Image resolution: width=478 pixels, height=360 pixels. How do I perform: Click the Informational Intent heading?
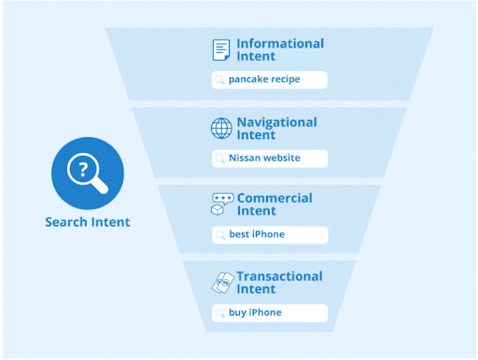[x=280, y=49]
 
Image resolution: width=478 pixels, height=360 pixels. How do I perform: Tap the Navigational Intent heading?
[x=276, y=128]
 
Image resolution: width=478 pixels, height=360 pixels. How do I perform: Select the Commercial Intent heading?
[x=274, y=204]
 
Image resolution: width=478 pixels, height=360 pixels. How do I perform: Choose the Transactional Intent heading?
[x=279, y=283]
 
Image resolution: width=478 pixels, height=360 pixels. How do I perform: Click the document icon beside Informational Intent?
[x=221, y=49]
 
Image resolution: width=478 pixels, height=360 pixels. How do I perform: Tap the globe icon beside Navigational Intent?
[x=221, y=128]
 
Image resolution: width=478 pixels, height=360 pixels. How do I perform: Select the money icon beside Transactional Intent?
[x=222, y=283]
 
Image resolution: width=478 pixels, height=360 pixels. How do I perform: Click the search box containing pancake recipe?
[x=269, y=80]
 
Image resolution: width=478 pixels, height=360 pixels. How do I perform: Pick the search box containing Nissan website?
[x=269, y=158]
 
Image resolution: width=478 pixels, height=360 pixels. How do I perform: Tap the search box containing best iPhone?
[x=269, y=234]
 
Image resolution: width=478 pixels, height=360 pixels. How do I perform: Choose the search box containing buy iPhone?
[x=269, y=312]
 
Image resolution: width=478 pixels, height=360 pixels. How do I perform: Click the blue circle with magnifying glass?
[x=87, y=173]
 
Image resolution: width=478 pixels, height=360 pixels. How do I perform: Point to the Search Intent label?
[x=87, y=222]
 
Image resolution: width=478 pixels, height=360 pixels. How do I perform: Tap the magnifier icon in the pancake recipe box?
[x=220, y=80]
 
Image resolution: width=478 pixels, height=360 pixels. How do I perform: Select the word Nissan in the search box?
[x=245, y=158]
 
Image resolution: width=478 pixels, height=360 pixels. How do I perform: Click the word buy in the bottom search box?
[x=237, y=312]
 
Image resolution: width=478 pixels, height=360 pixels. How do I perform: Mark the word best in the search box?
[x=240, y=234]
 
